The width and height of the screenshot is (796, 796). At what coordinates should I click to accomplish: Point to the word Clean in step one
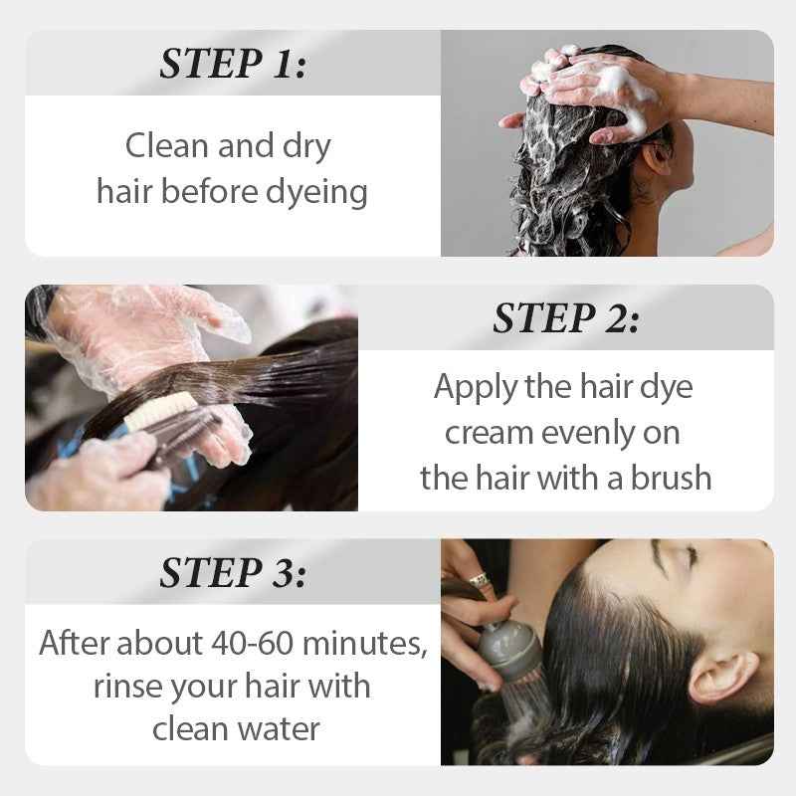[165, 146]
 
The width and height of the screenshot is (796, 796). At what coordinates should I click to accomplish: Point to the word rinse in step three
[126, 686]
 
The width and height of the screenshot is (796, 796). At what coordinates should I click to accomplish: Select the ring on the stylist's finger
[479, 579]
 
